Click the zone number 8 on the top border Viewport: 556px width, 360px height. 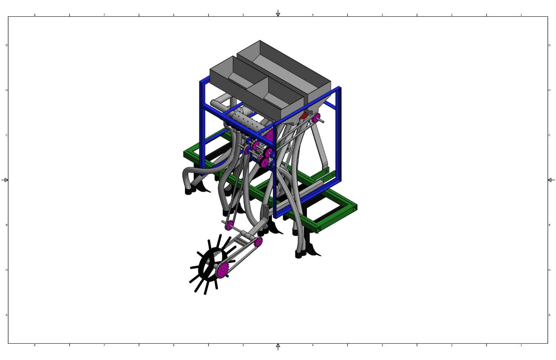[35, 15]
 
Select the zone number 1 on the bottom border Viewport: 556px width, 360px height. [521, 345]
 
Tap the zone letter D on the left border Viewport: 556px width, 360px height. [6, 45]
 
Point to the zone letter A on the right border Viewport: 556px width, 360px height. [549, 315]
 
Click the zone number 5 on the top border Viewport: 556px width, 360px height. [243, 15]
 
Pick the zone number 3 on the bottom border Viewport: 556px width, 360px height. [382, 345]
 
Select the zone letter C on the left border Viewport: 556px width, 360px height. [6, 135]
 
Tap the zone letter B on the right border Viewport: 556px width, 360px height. [549, 225]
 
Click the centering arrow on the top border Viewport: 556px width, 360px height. [278, 14]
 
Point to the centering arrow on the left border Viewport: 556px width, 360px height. [5, 180]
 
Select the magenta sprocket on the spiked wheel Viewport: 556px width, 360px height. [222, 270]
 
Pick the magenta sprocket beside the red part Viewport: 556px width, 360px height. [316, 118]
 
